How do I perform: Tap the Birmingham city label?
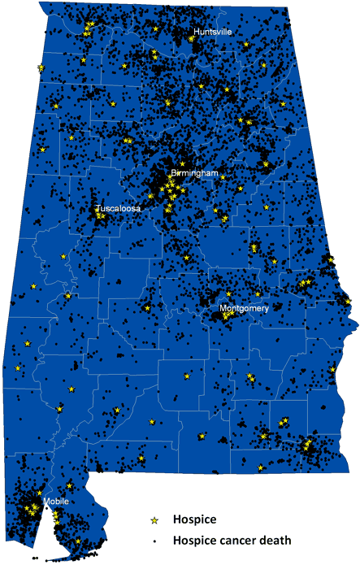pyautogui.click(x=194, y=174)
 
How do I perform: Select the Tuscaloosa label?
pyautogui.click(x=118, y=208)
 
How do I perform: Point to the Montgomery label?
pyautogui.click(x=244, y=309)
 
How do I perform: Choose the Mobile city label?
pyautogui.click(x=56, y=501)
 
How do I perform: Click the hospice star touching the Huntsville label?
pyautogui.click(x=193, y=37)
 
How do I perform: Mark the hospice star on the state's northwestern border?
pyautogui.click(x=41, y=67)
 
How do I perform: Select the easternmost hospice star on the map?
pyautogui.click(x=348, y=302)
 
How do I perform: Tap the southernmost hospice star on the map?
pyautogui.click(x=78, y=541)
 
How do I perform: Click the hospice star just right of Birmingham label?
pyautogui.click(x=223, y=176)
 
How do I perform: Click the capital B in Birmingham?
pyautogui.click(x=173, y=174)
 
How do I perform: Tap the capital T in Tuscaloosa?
pyautogui.click(x=98, y=208)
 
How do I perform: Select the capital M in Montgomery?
pyautogui.click(x=223, y=309)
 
